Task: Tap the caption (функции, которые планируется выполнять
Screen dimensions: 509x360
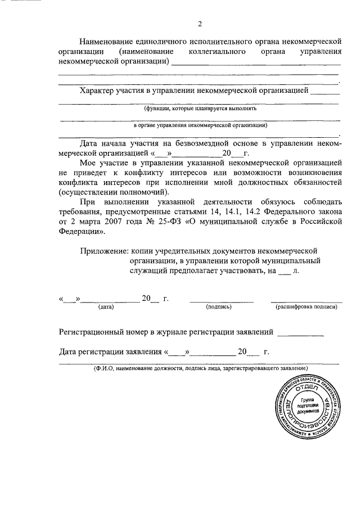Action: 200,108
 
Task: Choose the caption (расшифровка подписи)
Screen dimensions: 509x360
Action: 306,307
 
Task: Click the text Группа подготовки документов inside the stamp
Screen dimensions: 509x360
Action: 308,405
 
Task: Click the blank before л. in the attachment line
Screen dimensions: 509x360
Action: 285,271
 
